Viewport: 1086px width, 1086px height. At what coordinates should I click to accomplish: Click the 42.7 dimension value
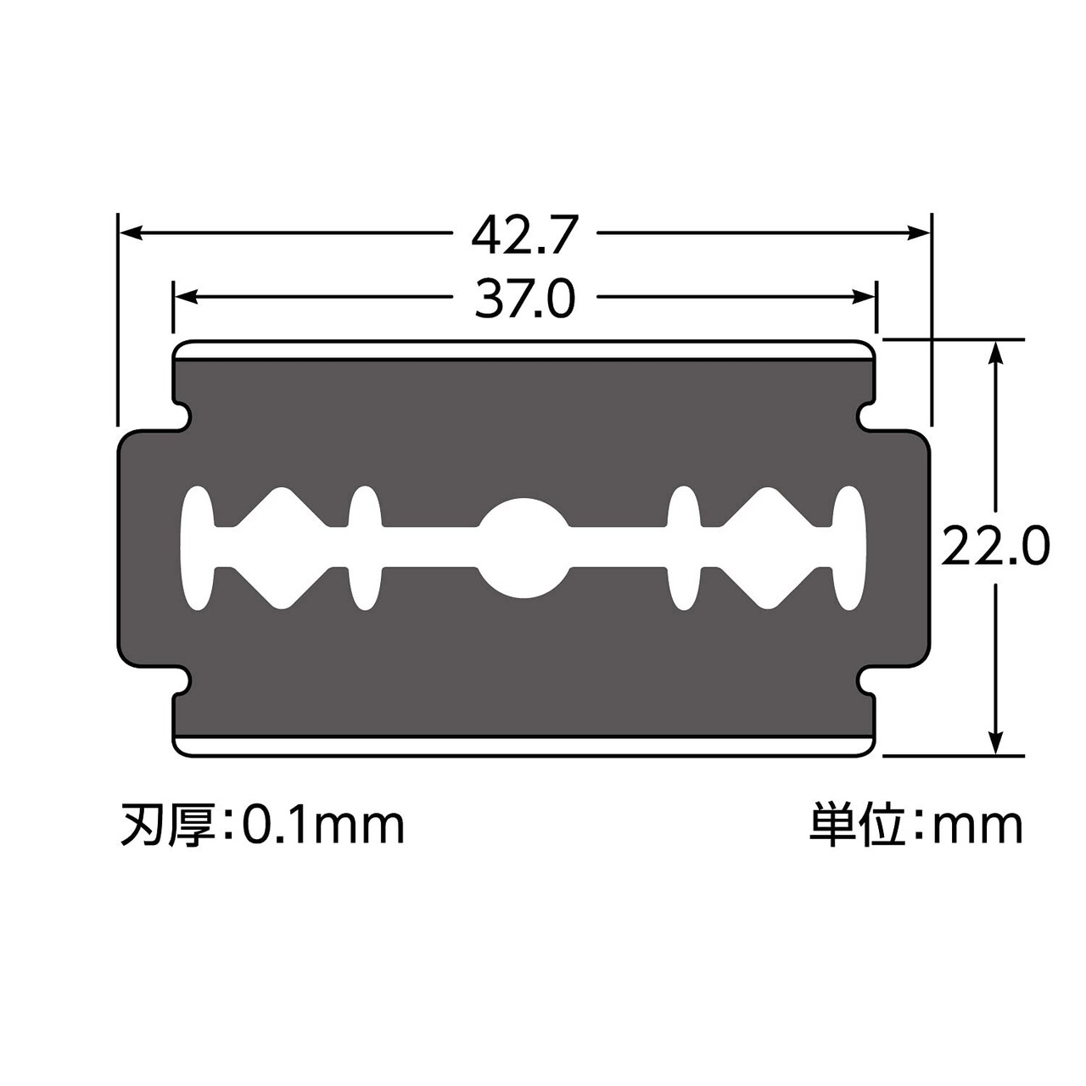coord(524,235)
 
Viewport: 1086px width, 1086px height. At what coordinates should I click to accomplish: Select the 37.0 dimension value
coord(524,299)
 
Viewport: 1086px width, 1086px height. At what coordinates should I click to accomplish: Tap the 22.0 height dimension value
coord(995,545)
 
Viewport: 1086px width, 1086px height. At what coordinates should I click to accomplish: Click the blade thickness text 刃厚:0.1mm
coord(263,826)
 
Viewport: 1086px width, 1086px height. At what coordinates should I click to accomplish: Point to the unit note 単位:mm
coord(915,826)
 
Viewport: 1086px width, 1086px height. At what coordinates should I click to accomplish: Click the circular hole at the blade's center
coord(524,547)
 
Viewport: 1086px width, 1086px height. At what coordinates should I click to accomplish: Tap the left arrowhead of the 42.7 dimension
coord(131,232)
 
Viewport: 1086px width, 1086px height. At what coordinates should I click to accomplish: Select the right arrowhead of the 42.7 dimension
coord(917,232)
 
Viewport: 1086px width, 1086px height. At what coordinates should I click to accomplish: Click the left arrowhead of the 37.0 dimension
coord(186,296)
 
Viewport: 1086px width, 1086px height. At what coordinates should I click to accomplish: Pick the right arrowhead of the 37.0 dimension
coord(863,296)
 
